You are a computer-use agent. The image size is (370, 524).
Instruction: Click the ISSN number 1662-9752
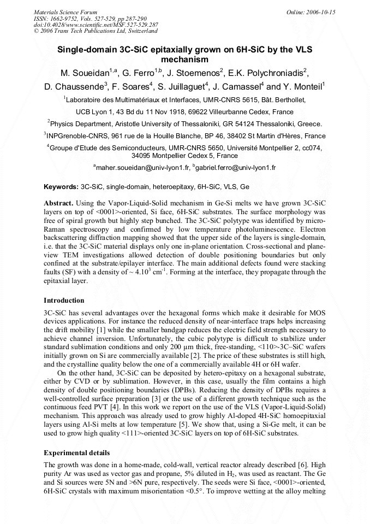[63, 18]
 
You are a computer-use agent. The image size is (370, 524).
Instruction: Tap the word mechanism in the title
[185, 59]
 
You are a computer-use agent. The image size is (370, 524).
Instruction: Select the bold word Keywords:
[61, 186]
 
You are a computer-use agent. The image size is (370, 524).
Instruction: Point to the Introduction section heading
[64, 301]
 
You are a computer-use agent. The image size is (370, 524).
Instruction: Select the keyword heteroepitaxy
[172, 186]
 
